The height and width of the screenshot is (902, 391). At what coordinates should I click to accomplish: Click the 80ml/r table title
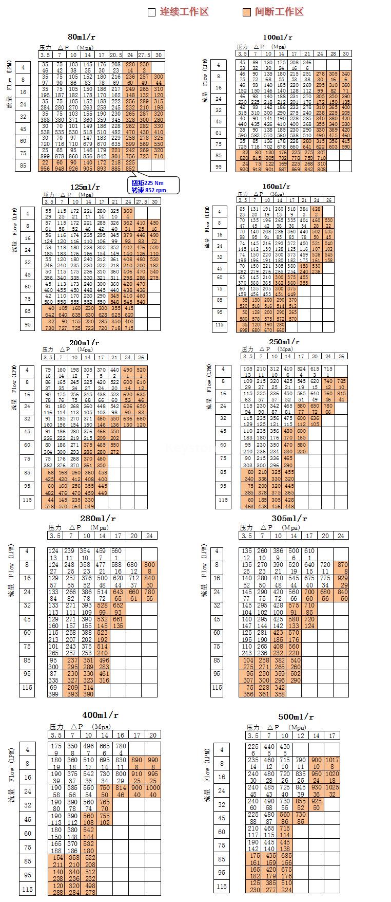coord(82,37)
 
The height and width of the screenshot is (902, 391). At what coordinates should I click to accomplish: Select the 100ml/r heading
coord(277,37)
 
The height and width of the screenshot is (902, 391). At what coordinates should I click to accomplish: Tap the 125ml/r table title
coord(85,187)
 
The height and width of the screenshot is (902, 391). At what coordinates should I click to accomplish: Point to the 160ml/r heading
coord(277,187)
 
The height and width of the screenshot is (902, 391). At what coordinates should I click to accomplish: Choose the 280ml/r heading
coord(98,518)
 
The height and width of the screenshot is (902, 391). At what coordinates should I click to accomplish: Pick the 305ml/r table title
coord(289,518)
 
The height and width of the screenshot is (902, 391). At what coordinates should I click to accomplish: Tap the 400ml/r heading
coord(100,715)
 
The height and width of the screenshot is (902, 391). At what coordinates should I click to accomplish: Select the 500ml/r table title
coord(296,716)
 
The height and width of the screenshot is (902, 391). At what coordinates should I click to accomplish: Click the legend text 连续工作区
coord(184,12)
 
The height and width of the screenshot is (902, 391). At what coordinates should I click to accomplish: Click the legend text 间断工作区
coord(279,12)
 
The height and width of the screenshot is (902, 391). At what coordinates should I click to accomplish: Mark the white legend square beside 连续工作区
coord(151,12)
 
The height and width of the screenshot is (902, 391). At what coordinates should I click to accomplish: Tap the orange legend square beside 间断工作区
coord(247,12)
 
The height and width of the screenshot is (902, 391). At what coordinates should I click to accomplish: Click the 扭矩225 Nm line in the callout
coord(147,183)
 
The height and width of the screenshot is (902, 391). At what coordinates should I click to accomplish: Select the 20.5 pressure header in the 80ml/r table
coord(116,55)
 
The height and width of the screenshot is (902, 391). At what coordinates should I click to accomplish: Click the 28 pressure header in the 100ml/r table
coord(333,53)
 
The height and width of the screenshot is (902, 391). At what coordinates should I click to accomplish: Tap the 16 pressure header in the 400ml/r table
coord(120,735)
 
